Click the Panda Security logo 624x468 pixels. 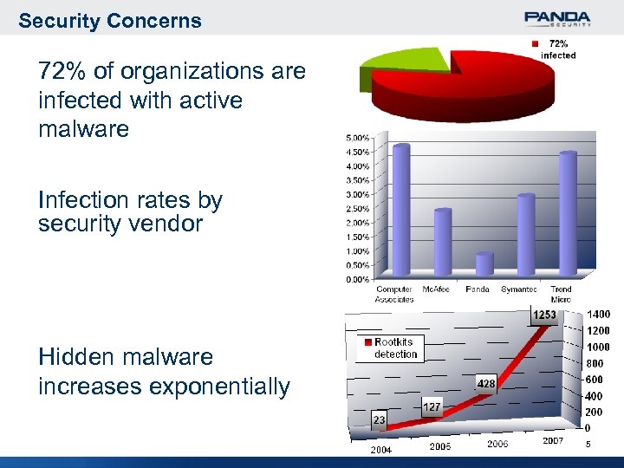coord(557,18)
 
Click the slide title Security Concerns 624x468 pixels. coord(110,21)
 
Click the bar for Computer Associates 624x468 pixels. coord(400,210)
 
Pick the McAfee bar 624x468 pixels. coord(442,242)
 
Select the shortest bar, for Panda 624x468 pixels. coord(484,263)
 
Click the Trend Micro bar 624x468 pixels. coord(568,213)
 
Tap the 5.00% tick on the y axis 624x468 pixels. coord(358,138)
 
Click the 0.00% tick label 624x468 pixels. coord(358,279)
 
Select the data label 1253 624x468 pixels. coord(544,315)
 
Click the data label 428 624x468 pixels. coord(486,382)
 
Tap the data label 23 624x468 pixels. coord(380,419)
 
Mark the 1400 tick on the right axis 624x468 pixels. coord(598,315)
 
